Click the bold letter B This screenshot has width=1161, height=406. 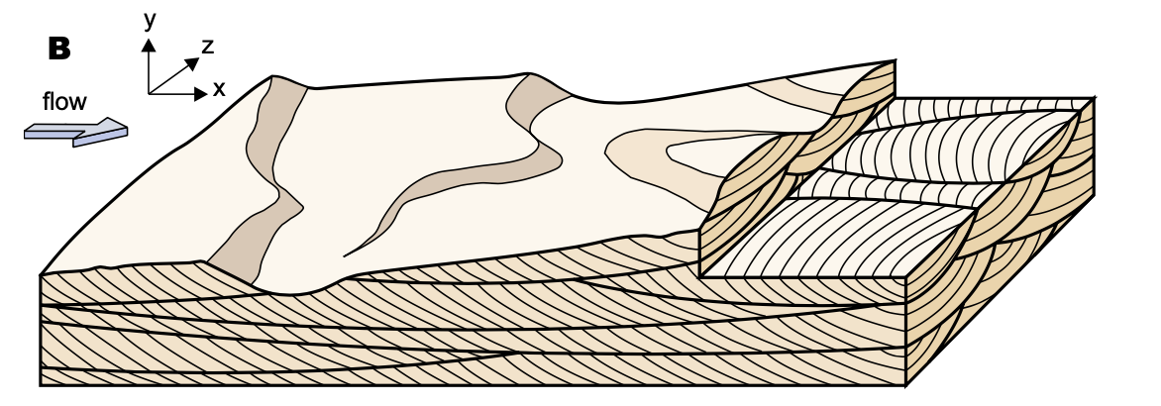[x=59, y=49]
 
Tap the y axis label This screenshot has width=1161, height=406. [x=149, y=19]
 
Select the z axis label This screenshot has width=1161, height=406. [x=208, y=46]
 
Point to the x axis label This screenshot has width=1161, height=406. [x=219, y=89]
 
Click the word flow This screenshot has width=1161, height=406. [x=64, y=101]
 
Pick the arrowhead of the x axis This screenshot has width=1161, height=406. [x=201, y=93]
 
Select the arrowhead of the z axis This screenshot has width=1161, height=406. [x=193, y=61]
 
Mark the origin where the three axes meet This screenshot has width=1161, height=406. [x=149, y=93]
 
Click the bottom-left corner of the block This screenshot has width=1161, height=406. [x=42, y=384]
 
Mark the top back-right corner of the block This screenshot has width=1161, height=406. [x=1093, y=99]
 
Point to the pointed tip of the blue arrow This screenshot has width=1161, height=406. [x=127, y=127]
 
